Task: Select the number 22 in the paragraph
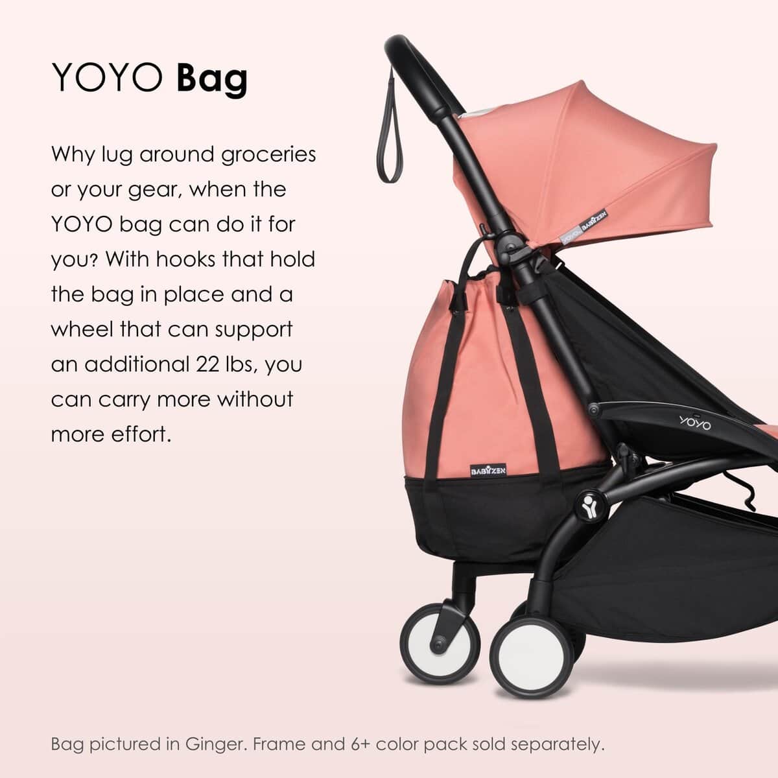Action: point(207,364)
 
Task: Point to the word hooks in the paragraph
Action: point(180,260)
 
